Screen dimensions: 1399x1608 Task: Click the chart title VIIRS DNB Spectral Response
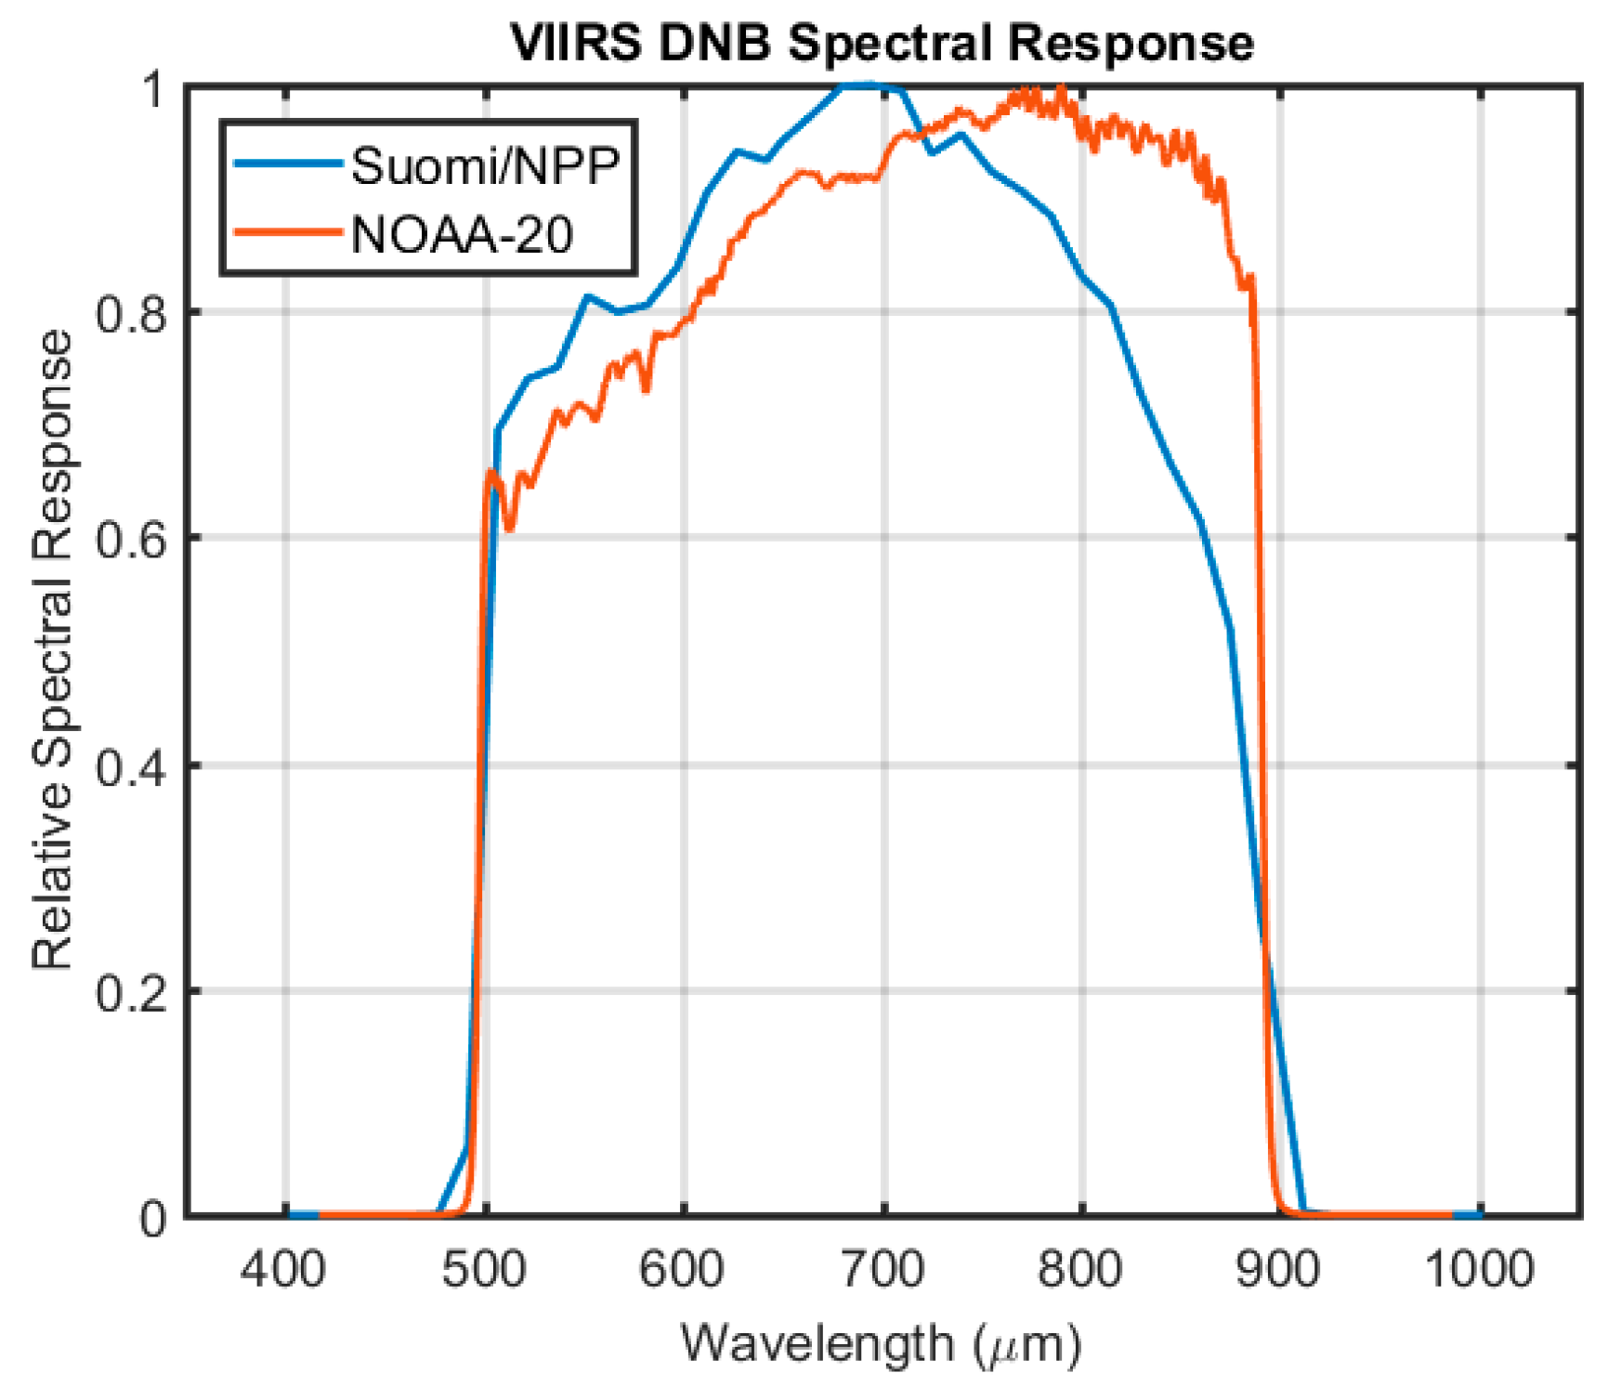[882, 43]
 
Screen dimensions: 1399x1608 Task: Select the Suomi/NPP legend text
[485, 167]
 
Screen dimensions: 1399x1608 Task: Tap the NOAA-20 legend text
[462, 235]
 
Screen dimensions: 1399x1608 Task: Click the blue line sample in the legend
[287, 164]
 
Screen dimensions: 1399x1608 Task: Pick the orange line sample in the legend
[287, 232]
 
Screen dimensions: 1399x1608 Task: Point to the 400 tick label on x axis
[282, 1269]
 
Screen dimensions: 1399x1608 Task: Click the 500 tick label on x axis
[483, 1269]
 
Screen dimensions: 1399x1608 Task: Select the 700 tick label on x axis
[882, 1269]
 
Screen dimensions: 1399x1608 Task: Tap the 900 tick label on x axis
[1278, 1269]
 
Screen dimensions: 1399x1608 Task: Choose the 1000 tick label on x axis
[1479, 1269]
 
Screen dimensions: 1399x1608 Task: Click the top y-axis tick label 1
[153, 89]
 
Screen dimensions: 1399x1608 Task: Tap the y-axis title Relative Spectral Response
[53, 650]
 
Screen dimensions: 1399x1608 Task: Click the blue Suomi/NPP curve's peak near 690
[864, 85]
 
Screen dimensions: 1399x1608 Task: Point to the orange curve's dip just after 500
[509, 528]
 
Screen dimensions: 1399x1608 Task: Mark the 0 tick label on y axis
[153, 1218]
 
